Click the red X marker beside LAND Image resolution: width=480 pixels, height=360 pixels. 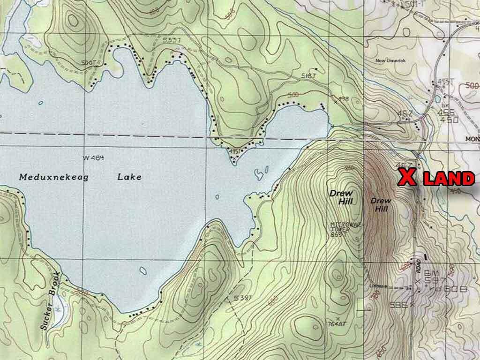[x=407, y=178]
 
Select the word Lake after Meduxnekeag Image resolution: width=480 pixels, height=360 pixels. [x=129, y=177]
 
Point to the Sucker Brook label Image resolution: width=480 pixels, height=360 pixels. [x=51, y=300]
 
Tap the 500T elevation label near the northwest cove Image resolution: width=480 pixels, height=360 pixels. [x=88, y=61]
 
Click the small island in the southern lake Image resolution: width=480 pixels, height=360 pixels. [x=142, y=270]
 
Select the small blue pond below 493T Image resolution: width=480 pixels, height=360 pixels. [x=437, y=99]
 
